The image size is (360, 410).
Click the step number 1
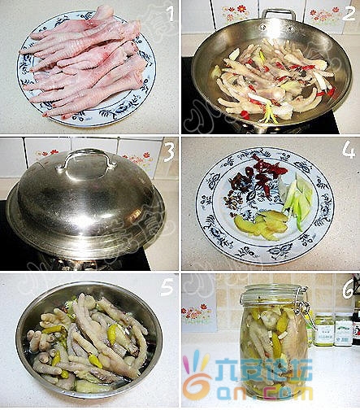(x=169, y=13)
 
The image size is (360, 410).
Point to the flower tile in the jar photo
(x=197, y=313)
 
